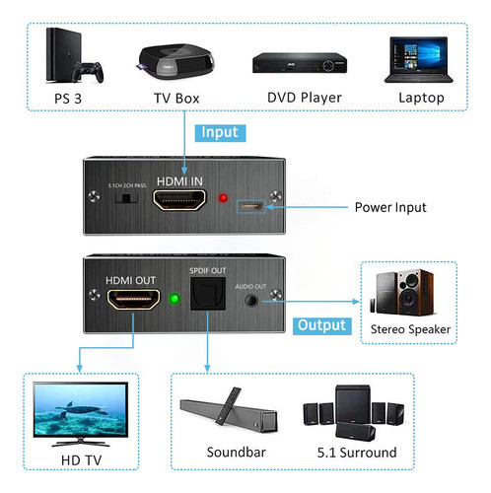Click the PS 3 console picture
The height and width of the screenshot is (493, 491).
72,58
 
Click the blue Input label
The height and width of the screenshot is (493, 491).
218,131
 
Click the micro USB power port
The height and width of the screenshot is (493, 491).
249,208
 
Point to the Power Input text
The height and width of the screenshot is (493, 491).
390,208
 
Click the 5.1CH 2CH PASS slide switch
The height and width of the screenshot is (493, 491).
124,199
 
